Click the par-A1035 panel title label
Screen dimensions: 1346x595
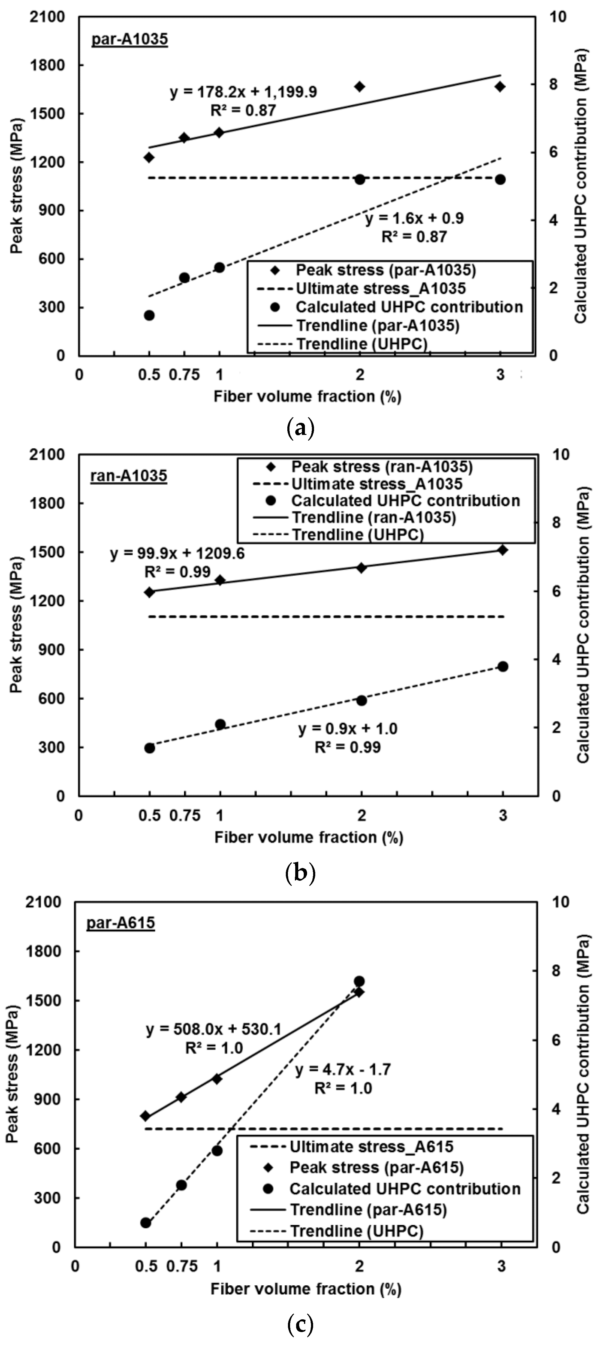129,40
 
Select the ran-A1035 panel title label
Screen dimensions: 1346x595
129,476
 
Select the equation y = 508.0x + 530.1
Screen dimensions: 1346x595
214,1029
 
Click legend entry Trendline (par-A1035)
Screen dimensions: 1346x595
377,325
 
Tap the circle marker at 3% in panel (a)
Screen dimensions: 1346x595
500,179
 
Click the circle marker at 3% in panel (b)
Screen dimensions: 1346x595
503,666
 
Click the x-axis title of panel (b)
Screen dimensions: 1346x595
309,837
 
